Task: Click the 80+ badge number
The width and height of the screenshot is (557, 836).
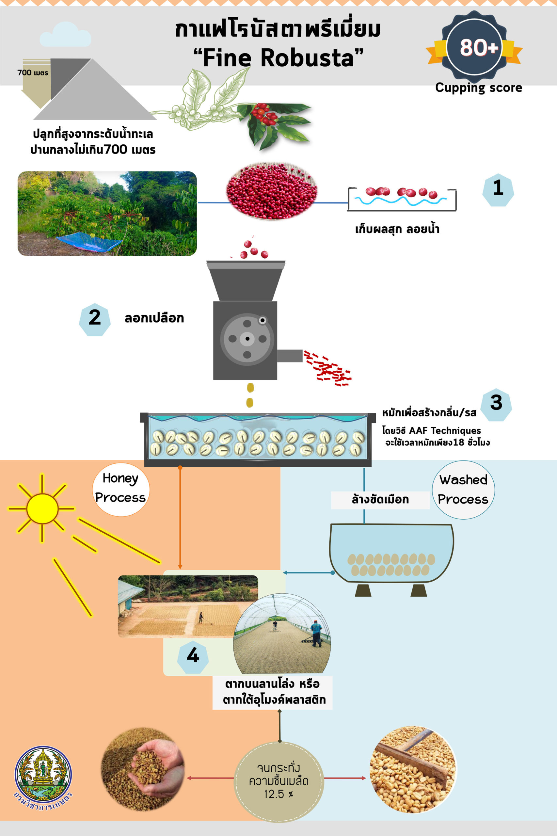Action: click(479, 47)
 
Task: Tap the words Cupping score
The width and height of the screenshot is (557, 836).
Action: click(479, 88)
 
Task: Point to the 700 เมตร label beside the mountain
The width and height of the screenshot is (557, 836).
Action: click(33, 72)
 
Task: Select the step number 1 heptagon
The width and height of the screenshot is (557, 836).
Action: click(498, 190)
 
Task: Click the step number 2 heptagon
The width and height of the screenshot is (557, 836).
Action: click(94, 319)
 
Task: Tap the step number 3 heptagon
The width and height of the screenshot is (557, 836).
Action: click(496, 404)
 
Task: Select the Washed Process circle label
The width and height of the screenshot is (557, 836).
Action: click(463, 490)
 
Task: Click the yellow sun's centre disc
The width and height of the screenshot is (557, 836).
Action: click(42, 508)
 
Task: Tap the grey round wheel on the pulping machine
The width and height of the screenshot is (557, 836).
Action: click(247, 339)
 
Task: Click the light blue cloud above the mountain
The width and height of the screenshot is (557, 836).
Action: click(65, 36)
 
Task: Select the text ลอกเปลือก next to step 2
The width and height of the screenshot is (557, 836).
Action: click(154, 318)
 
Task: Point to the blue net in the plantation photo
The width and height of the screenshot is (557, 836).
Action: click(89, 242)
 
